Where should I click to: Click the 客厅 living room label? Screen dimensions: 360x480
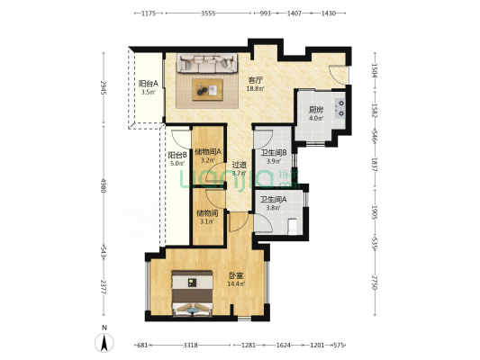[255, 80]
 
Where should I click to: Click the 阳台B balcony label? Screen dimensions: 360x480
[177, 155]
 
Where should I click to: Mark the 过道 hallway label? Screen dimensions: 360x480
[240, 164]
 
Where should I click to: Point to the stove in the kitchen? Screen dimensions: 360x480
[340, 111]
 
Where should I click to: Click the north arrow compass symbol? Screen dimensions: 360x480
[104, 341]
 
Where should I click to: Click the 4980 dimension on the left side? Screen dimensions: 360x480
[104, 185]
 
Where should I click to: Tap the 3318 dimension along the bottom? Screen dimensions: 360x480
[190, 345]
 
